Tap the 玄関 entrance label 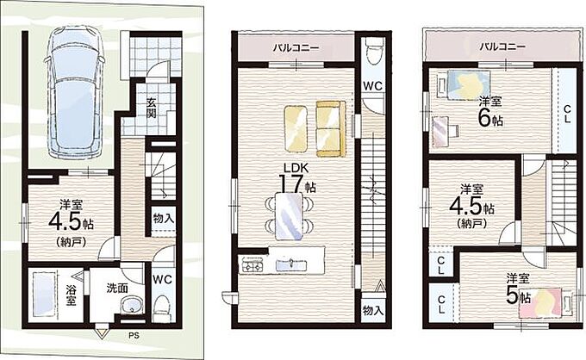coord(151,107)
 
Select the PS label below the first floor coord(134,335)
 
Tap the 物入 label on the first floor coord(163,219)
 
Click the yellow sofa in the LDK coord(331,128)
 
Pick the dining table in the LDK coord(288,216)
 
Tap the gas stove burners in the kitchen coord(253,265)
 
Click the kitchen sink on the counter coord(291,264)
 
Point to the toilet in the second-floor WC coord(373,52)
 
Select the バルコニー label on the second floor coord(296,48)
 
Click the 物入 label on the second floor coord(372,310)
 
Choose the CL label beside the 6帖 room coord(566,115)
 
